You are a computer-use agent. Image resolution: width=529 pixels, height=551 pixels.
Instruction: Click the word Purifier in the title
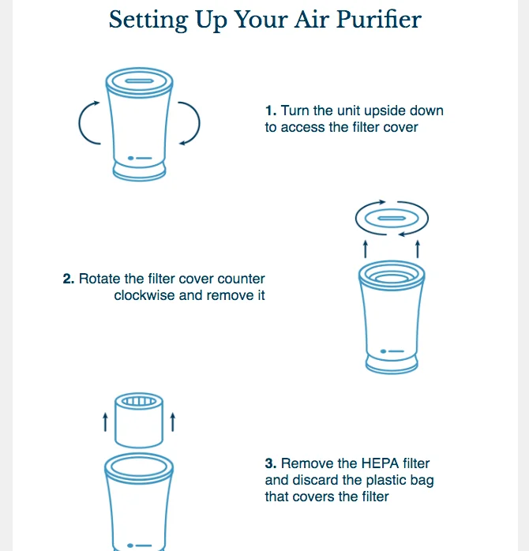point(379,20)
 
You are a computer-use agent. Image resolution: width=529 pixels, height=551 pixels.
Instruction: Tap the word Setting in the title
point(148,21)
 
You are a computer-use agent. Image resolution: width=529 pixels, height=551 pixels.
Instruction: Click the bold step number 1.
point(271,111)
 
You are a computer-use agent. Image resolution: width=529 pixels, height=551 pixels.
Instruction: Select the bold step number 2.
point(69,279)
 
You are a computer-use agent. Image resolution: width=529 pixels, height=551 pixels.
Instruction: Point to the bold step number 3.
point(271,463)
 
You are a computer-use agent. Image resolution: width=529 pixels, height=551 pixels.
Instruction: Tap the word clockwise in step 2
point(144,295)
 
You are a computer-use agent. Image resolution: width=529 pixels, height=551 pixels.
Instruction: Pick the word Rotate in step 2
point(99,279)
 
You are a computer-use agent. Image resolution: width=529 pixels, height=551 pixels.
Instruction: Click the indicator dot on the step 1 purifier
point(131,158)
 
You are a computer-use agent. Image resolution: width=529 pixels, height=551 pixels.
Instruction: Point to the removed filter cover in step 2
point(392,218)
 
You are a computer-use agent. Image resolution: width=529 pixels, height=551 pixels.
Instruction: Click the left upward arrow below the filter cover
point(366,249)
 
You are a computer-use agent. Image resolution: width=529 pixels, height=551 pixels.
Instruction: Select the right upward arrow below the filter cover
point(418,249)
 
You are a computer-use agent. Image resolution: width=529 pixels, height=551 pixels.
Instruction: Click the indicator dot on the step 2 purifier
point(384,351)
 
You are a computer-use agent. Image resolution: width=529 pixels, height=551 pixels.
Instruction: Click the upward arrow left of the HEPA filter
point(105,422)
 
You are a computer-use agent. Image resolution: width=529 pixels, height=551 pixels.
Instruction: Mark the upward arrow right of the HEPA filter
point(173,422)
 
